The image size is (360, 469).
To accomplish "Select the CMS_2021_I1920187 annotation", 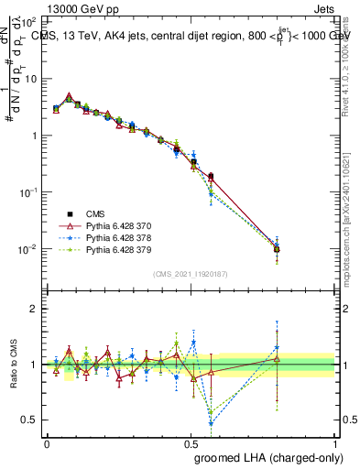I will [190, 272].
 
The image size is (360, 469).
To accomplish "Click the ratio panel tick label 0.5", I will [31, 420].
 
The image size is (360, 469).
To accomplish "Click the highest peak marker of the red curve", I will [70, 96].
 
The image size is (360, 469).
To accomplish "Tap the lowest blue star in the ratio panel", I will [212, 424].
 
